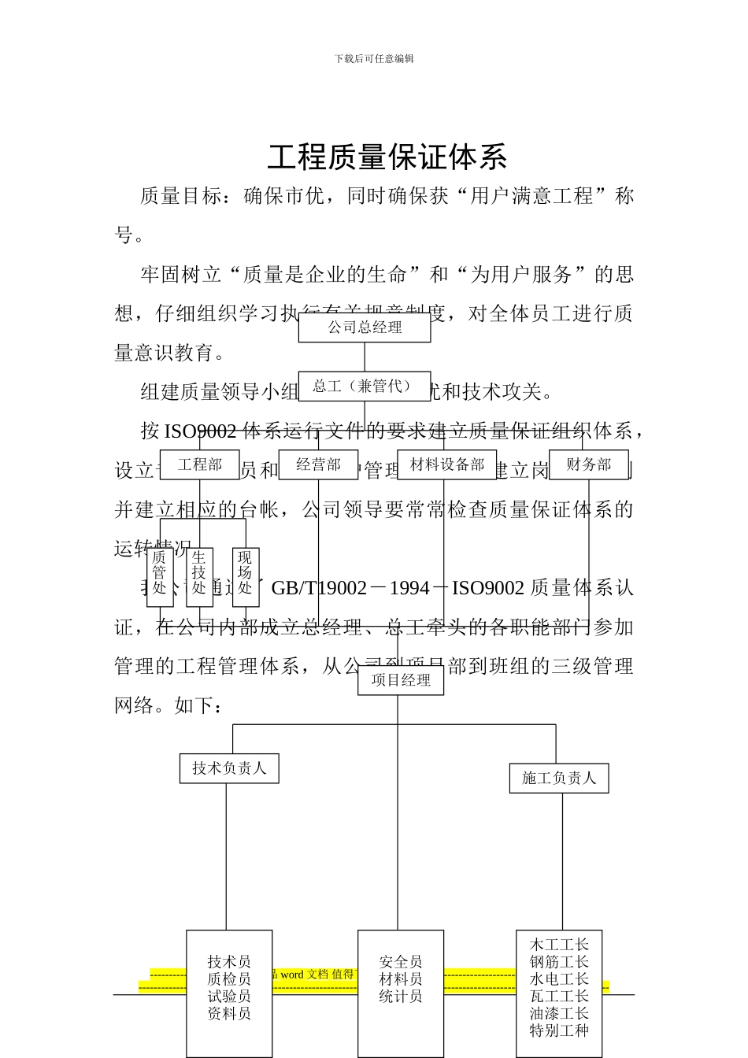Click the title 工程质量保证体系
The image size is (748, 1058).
(x=387, y=157)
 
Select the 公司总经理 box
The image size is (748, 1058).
(x=365, y=327)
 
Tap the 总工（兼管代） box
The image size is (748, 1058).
(x=364, y=387)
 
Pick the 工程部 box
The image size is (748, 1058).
(x=200, y=464)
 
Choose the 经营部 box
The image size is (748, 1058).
(x=318, y=464)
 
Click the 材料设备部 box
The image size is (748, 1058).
(x=446, y=464)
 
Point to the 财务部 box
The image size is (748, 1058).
(x=588, y=464)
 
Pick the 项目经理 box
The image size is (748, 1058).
(x=401, y=680)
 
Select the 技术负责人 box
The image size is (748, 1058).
(x=229, y=768)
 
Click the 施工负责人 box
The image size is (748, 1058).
(x=559, y=779)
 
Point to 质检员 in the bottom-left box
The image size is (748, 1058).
(x=229, y=979)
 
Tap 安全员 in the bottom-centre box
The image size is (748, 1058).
(x=401, y=962)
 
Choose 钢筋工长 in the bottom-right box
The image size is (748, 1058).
(x=559, y=962)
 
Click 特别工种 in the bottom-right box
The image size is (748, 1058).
(x=559, y=1030)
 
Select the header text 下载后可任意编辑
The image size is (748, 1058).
(x=374, y=59)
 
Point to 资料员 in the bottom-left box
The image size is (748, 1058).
(x=229, y=1014)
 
